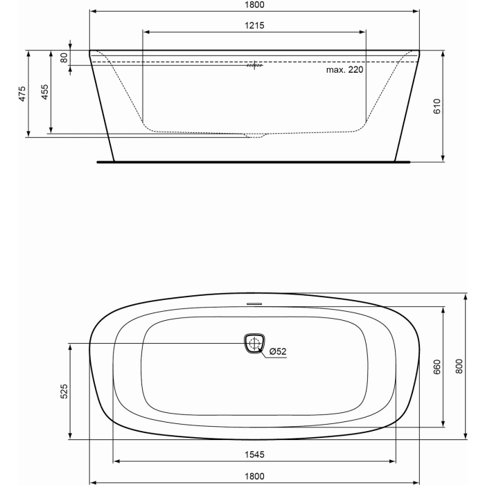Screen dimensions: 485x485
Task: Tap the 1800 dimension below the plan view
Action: [254, 476]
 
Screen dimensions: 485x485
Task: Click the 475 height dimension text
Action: [22, 94]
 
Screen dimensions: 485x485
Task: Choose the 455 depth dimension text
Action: [44, 94]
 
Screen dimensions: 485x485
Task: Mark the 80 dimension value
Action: [64, 58]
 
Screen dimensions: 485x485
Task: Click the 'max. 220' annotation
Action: [345, 70]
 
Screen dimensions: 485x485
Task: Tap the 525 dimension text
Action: [64, 391]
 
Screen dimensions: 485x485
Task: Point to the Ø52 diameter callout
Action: [277, 351]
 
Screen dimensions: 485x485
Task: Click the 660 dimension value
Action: [437, 367]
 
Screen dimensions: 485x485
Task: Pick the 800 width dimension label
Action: [459, 367]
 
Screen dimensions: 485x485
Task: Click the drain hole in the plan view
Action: [254, 343]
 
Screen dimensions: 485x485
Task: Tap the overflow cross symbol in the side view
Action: [254, 66]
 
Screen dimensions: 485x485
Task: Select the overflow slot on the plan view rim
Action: [254, 303]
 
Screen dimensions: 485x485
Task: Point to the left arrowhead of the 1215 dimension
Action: [145, 31]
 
